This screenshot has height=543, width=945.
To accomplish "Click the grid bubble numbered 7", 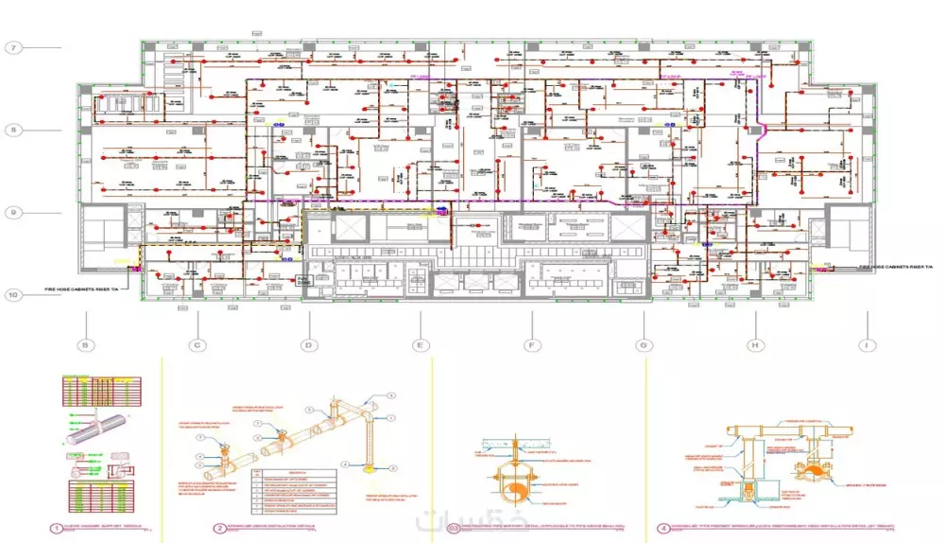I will pyautogui.click(x=13, y=47).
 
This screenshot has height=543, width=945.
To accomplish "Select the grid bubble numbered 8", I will pyautogui.click(x=13, y=130).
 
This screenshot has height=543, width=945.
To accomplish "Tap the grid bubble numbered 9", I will pyautogui.click(x=13, y=212).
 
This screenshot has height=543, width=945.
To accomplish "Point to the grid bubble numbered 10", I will pyautogui.click(x=13, y=294).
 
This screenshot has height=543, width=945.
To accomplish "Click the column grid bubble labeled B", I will pyautogui.click(x=85, y=345).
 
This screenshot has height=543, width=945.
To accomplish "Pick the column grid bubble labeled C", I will pyautogui.click(x=197, y=345).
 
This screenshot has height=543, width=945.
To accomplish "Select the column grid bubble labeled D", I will pyautogui.click(x=308, y=345).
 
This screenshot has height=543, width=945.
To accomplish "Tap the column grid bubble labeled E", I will pyautogui.click(x=420, y=345).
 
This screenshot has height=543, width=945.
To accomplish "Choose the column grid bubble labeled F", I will pyautogui.click(x=532, y=345).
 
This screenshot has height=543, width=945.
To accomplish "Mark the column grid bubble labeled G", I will pyautogui.click(x=644, y=345).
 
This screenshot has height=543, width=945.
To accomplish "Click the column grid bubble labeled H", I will pyautogui.click(x=755, y=345).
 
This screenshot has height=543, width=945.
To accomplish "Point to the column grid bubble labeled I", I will pyautogui.click(x=867, y=345).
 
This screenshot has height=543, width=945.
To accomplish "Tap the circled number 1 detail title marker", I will pyautogui.click(x=57, y=529).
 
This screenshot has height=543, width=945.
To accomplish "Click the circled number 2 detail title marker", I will pyautogui.click(x=220, y=529).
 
